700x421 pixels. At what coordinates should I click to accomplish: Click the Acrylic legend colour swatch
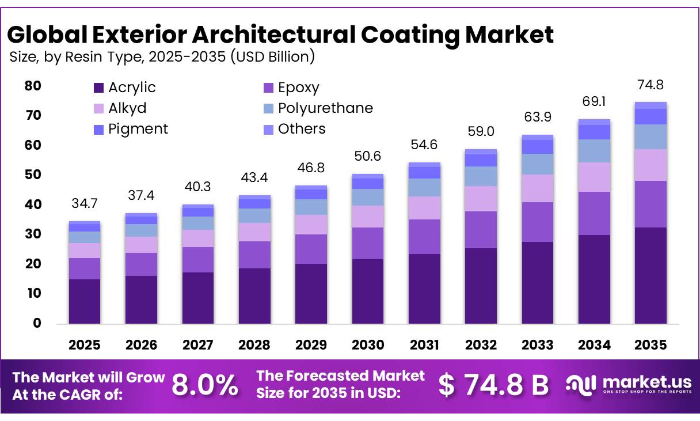point(98,88)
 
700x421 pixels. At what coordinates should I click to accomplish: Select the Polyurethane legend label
point(325,108)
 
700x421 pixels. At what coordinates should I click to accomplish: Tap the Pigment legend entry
point(138,129)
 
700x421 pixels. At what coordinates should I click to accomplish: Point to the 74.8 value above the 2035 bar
point(650,85)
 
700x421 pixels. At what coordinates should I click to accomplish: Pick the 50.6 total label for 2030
point(367,157)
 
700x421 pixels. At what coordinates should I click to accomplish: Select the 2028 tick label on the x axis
point(254,345)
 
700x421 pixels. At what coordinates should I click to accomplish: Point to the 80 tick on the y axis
point(33,86)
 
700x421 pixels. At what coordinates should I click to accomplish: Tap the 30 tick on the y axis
point(33,234)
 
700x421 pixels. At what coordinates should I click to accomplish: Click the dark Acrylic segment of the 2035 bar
point(650,275)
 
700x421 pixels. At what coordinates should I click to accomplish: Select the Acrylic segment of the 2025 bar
point(84,301)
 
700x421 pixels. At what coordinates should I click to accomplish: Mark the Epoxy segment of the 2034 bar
point(594,213)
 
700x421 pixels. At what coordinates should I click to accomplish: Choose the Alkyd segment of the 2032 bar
point(481,199)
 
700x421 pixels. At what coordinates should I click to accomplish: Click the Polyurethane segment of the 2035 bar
point(650,137)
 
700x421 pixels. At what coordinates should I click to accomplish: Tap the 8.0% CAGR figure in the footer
point(204,385)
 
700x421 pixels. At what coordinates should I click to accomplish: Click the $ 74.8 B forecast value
point(494,385)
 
